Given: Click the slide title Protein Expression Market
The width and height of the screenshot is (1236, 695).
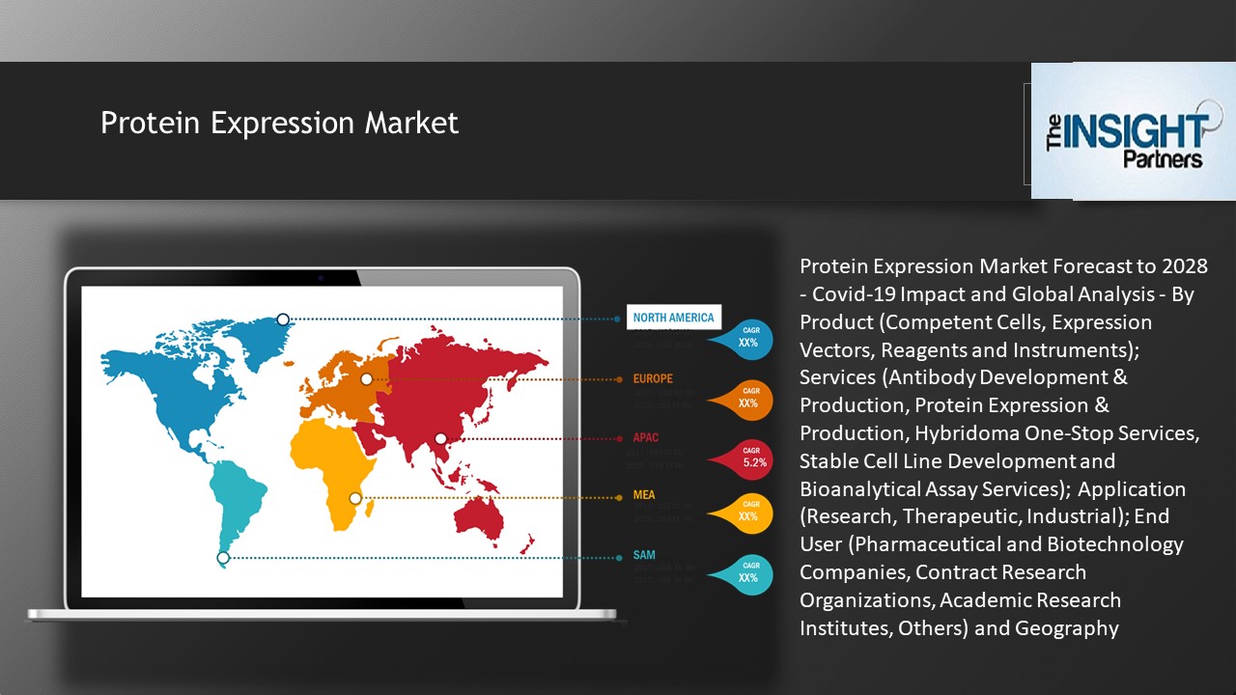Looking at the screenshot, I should pos(279,124).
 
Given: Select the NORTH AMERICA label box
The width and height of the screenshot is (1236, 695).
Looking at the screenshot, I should pos(673,317).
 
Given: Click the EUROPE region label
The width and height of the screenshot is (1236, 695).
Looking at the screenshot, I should pos(653,378).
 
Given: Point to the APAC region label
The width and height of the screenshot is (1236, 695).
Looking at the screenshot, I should pos(646,437).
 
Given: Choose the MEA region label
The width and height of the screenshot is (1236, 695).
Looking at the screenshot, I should pos(644,495).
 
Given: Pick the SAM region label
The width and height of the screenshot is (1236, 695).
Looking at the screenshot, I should pos(644,555).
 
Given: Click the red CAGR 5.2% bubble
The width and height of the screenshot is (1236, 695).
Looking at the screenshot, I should pos(751,458).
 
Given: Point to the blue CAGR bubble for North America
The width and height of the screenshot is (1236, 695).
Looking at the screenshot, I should pos(746,338).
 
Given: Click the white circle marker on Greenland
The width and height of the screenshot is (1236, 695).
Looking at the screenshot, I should pos(283,320).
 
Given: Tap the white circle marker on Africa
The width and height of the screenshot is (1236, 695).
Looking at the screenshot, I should pos(355,498).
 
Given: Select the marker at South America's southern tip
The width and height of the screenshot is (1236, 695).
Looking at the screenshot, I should pos(223,557).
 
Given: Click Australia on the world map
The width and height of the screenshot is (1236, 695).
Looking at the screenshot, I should pos(480,517).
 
